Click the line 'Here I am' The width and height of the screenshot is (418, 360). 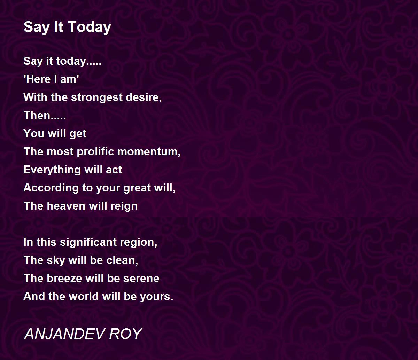(51, 79)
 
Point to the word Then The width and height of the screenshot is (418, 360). (37, 115)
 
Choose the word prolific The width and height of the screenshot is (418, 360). (95, 151)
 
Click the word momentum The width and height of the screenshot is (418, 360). (148, 152)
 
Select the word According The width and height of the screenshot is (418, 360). (51, 188)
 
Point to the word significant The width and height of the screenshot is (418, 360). (88, 242)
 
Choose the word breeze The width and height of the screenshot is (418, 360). (64, 278)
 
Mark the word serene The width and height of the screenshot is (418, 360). (141, 279)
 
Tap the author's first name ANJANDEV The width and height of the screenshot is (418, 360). (65, 334)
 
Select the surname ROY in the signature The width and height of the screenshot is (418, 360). (125, 334)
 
